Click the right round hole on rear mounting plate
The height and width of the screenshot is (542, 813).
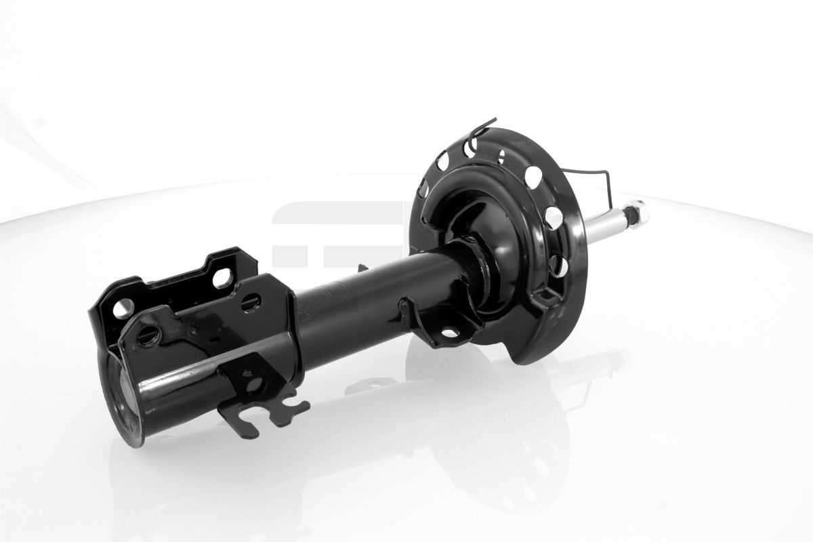222,278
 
